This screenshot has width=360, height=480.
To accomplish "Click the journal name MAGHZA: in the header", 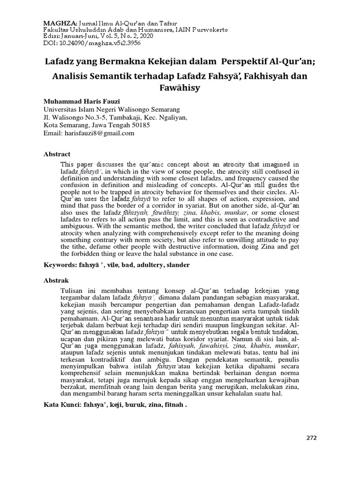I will point(58,22).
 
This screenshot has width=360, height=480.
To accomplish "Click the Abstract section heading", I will point(57,154).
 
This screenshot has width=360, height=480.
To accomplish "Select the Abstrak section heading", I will point(56,280).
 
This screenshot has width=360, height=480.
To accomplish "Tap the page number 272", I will point(312,438).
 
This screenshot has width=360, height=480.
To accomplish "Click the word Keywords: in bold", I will point(59,265).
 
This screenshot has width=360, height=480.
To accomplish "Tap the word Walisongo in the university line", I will point(130,109).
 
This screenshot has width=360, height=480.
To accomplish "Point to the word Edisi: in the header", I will point(52,36).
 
